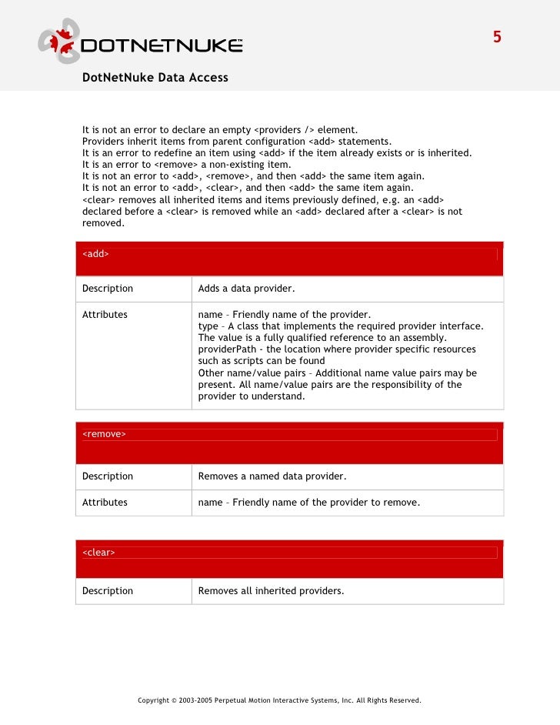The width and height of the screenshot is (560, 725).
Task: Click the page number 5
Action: pos(497,37)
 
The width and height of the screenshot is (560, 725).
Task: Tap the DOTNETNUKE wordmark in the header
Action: pos(162,45)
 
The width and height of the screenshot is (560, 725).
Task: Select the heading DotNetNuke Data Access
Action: pos(155,78)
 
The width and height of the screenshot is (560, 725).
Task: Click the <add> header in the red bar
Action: pos(95,254)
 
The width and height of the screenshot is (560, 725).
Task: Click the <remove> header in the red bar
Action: pos(104,434)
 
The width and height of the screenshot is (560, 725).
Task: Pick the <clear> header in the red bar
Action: pos(98,552)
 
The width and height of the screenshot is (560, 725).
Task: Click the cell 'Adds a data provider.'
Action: pos(246,289)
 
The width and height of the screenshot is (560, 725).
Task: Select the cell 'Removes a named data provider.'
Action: pos(272,476)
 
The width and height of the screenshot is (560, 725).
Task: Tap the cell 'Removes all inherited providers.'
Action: pos(271,591)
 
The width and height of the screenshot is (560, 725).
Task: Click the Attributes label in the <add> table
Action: pos(105,315)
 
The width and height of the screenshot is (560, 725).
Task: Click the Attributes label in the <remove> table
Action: pos(105,503)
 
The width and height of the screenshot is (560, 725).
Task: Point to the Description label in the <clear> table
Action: pos(108,591)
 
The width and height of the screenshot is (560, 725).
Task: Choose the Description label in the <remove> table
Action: pos(108,476)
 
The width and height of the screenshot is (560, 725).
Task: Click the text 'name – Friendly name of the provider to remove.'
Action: pos(309,503)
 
